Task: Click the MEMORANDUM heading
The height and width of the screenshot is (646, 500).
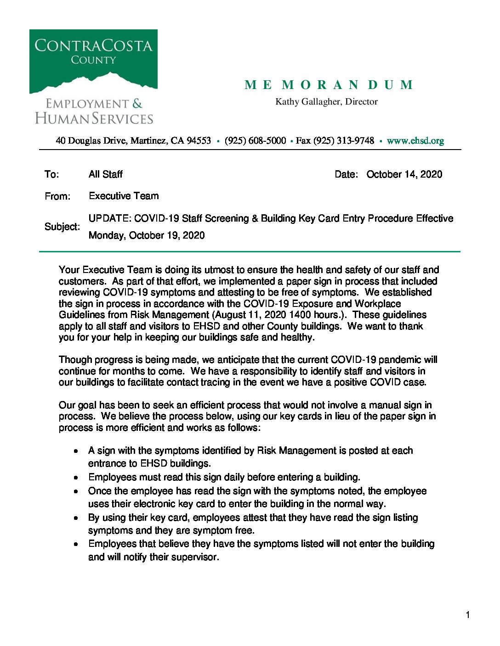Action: pyautogui.click(x=329, y=85)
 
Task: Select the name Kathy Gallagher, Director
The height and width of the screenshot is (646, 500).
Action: pyautogui.click(x=326, y=102)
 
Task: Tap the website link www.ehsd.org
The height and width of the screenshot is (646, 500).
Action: pyautogui.click(x=415, y=141)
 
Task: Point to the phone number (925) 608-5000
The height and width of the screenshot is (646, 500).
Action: pyautogui.click(x=255, y=141)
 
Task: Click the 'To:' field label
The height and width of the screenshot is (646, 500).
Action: pyautogui.click(x=52, y=174)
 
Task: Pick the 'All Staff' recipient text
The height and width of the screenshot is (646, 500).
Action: pyautogui.click(x=106, y=174)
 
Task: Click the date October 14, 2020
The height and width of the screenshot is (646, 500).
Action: pyautogui.click(x=404, y=174)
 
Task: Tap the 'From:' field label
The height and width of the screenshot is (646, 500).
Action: pyautogui.click(x=57, y=196)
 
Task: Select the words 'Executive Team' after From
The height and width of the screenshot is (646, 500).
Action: pyautogui.click(x=124, y=196)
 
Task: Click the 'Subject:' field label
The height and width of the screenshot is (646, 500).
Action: pyautogui.click(x=62, y=227)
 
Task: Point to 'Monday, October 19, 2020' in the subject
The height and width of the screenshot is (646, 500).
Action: pyautogui.click(x=147, y=235)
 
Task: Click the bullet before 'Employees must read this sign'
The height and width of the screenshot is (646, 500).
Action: pyautogui.click(x=76, y=478)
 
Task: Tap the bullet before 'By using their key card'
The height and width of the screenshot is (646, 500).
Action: pyautogui.click(x=76, y=518)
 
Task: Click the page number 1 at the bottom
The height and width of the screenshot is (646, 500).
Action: pyautogui.click(x=468, y=615)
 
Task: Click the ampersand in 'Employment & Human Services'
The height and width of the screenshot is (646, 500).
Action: pyautogui.click(x=137, y=104)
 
